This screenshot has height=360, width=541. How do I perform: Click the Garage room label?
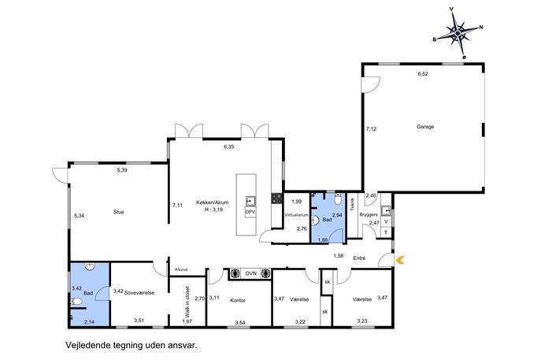click(x=425, y=127)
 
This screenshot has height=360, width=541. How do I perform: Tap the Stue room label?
click(x=118, y=212)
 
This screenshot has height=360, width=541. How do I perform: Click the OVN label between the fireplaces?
click(x=250, y=273)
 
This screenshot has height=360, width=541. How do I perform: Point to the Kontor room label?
click(x=238, y=300)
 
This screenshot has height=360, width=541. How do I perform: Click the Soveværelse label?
click(x=139, y=293)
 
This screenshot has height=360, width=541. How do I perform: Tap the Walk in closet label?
click(x=187, y=302)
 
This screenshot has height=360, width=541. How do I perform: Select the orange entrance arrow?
click(x=400, y=260)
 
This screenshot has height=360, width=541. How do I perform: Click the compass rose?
click(x=458, y=33)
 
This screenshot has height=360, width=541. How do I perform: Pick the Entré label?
click(x=359, y=258)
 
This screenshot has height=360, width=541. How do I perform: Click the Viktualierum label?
click(x=296, y=215)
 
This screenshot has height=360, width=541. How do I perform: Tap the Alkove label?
click(x=181, y=269)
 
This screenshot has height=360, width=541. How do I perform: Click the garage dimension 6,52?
click(x=423, y=73)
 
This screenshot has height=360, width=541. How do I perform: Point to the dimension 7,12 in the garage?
click(x=371, y=128)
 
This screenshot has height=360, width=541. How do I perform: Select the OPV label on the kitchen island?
click(x=250, y=212)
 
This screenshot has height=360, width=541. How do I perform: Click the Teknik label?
click(x=352, y=204)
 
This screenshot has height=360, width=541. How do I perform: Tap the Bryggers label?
click(x=369, y=214)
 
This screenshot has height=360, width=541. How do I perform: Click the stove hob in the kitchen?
click(x=276, y=199)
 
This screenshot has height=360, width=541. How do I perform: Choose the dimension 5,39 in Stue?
click(x=122, y=170)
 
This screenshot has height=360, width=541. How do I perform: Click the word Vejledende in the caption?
click(x=87, y=345)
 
